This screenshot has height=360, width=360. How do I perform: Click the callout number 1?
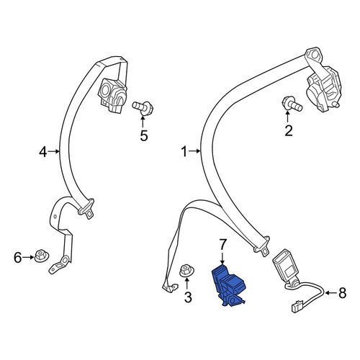pyautogui.click(x=184, y=152)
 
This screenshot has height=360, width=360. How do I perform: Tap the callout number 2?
pyautogui.click(x=289, y=131)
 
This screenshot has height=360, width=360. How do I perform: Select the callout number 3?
pyautogui.click(x=188, y=297)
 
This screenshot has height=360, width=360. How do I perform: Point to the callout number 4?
pyautogui.click(x=42, y=152)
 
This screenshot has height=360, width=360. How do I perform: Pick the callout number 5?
pyautogui.click(x=144, y=135)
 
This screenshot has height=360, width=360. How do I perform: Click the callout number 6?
pyautogui.click(x=18, y=258)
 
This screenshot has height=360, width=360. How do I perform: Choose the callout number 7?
pyautogui.click(x=222, y=245)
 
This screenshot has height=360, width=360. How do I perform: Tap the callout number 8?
pyautogui.click(x=342, y=293)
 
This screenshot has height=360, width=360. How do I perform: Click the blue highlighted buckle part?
pyautogui.click(x=228, y=286)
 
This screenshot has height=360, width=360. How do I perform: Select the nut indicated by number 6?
pyautogui.click(x=42, y=256)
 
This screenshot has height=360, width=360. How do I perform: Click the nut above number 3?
pyautogui.click(x=186, y=271)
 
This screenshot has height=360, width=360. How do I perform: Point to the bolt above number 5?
pyautogui.click(x=143, y=108)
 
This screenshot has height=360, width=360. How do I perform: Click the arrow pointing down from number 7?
pyautogui.click(x=222, y=258)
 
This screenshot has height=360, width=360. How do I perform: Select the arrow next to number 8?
pyautogui.click(x=330, y=293)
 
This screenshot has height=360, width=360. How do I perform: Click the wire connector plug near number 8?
pyautogui.click(x=297, y=307)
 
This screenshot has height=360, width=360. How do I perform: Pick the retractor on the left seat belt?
pyautogui.click(x=112, y=95)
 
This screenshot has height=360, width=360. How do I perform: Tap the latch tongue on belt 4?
pyautogui.click(x=86, y=209)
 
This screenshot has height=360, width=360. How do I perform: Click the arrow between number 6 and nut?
pyautogui.click(x=28, y=257)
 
